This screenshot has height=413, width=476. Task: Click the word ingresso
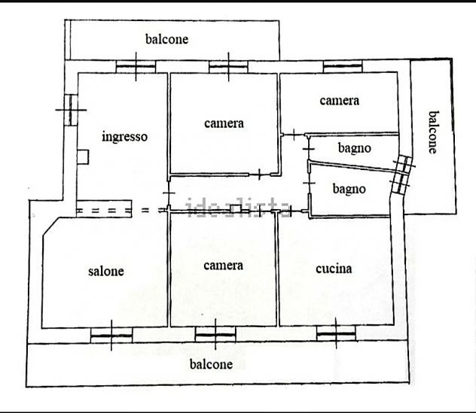click(125, 137)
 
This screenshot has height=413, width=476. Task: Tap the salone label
click(106, 271)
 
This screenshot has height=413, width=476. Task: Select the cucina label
click(334, 269)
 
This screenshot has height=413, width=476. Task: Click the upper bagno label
click(355, 148)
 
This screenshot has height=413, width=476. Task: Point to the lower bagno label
click(349, 189)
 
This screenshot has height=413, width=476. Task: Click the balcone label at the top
click(166, 39)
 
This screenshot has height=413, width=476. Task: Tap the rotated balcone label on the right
click(434, 132)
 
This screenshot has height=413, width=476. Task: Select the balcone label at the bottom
click(212, 364)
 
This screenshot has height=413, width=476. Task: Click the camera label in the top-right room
click(340, 101)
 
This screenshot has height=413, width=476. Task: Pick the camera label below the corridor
click(224, 266)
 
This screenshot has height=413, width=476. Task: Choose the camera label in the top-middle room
click(224, 123)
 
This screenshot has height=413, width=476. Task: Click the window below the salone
click(111, 336)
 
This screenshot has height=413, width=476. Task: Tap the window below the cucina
click(336, 333)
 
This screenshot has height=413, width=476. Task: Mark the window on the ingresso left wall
click(71, 110)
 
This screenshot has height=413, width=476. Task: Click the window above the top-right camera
click(343, 66)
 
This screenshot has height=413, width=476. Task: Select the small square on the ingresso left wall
click(83, 157)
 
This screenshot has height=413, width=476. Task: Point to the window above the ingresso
click(136, 66)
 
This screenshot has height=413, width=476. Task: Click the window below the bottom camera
click(215, 335)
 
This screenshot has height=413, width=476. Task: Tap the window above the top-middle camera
click(228, 66)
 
